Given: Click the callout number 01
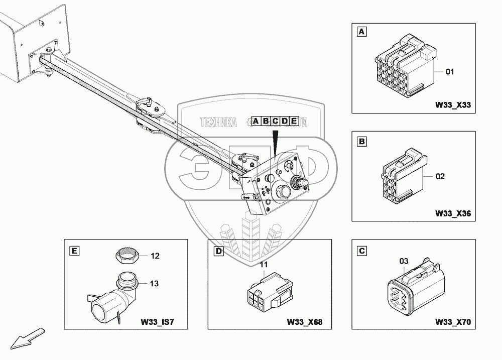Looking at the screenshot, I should [450, 72].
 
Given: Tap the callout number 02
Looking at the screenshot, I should [440, 177].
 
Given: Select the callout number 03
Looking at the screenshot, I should [404, 261].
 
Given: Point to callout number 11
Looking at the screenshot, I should [265, 265].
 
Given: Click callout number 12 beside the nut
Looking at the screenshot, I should [155, 256].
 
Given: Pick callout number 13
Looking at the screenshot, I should [154, 284].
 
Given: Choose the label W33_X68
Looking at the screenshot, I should [304, 321].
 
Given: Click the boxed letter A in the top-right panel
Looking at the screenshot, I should [361, 33].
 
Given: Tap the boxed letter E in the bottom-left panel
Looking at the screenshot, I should [74, 250].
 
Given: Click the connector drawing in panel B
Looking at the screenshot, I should [402, 176].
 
